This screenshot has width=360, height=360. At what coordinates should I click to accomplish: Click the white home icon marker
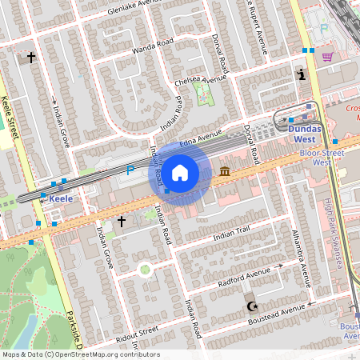tap(180, 172)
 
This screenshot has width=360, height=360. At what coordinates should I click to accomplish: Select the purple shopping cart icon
tap(327, 56)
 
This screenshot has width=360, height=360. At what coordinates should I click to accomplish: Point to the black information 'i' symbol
tap(301, 74)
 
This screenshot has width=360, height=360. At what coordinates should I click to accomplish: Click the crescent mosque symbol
tap(252, 306)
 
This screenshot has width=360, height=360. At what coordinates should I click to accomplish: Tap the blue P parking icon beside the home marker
tap(130, 170)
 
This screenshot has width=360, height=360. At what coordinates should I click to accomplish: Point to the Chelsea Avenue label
tap(203, 81)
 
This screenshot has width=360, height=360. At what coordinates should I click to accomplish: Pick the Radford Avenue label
tap(245, 278)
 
